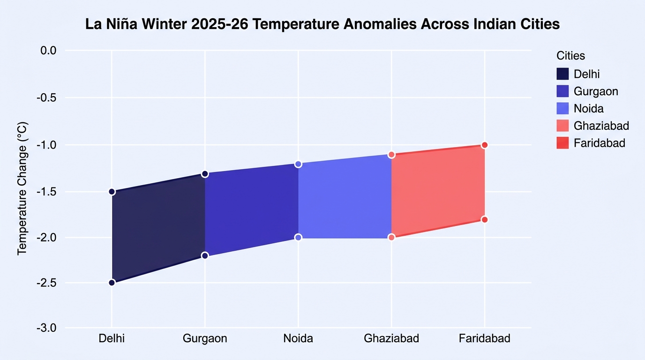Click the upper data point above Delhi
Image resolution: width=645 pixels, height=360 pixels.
point(112,192)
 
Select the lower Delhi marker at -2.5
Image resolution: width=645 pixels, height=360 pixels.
point(112,283)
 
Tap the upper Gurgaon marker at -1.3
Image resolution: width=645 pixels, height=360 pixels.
point(205,174)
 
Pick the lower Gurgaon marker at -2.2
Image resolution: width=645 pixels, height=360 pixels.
point(205,255)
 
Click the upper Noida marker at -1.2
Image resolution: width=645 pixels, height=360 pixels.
point(298,164)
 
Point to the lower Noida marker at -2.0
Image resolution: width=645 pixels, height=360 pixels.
point(298,238)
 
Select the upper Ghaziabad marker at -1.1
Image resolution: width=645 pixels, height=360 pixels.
point(391,155)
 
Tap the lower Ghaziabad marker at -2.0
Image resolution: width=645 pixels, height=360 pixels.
point(391,238)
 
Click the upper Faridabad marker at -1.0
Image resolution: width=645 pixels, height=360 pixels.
point(485,145)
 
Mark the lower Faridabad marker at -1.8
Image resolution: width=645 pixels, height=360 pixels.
point(485,220)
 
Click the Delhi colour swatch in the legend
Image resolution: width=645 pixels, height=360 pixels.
point(562,74)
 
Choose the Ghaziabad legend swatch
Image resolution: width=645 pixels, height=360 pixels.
point(562,126)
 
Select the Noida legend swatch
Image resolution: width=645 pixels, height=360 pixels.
point(562,109)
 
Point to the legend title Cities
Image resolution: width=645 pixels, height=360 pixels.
point(570,56)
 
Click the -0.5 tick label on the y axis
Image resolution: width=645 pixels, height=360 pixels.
point(46,98)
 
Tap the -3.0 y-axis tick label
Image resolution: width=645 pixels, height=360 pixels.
point(46,328)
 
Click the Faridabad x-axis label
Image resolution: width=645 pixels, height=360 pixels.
point(485,338)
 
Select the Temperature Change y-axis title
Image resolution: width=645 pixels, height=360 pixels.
point(22,189)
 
